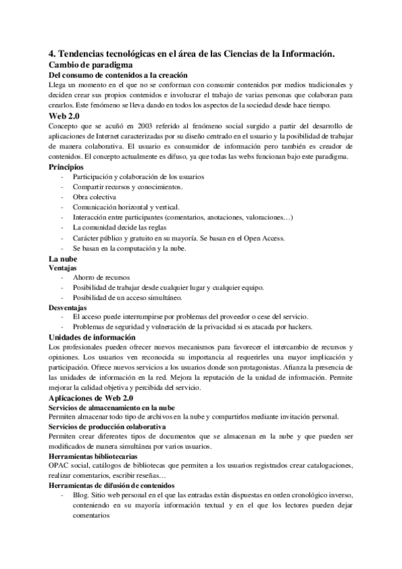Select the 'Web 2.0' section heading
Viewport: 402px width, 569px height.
pyautogui.click(x=68, y=116)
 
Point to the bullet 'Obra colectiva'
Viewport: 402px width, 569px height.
pyautogui.click(x=95, y=197)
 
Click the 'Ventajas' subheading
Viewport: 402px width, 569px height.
pyautogui.click(x=67, y=268)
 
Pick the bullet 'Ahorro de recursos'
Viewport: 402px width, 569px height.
pyautogui.click(x=101, y=278)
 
